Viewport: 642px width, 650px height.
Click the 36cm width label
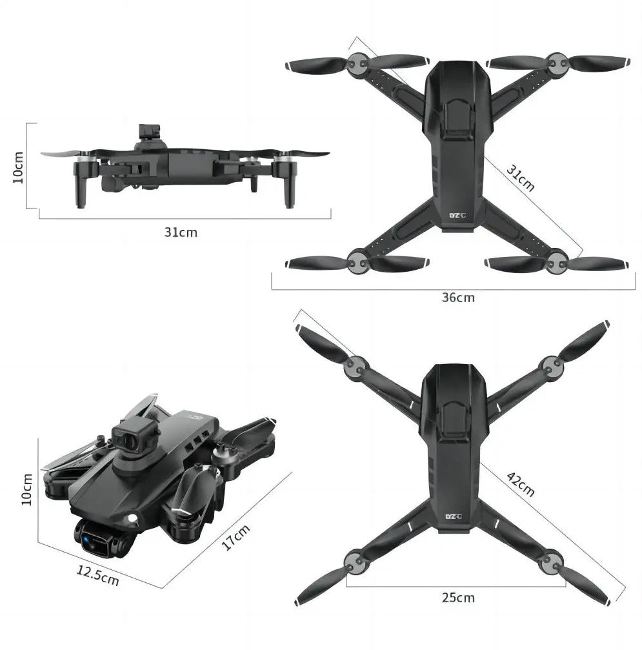point(457,298)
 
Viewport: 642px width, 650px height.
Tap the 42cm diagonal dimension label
point(521,483)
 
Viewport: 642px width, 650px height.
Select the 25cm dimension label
point(457,598)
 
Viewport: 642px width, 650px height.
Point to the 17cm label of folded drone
point(236,537)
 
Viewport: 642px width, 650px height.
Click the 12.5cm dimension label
point(98,575)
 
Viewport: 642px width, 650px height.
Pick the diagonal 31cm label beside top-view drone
point(521,178)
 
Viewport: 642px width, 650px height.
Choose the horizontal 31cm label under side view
point(181,232)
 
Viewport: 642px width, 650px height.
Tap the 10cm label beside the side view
point(18,167)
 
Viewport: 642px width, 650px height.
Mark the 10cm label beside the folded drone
point(26,489)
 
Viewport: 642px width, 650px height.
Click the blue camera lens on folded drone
point(86,540)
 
